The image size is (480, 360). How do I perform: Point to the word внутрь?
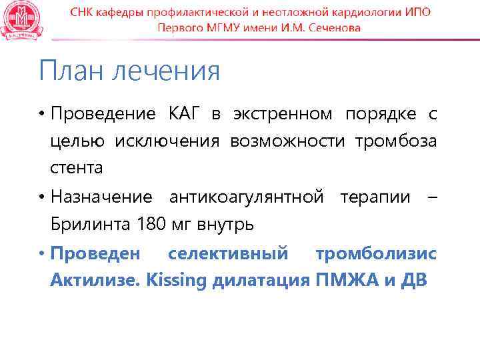(225, 225)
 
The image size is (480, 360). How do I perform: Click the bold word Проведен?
(96, 254)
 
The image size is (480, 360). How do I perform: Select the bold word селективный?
(229, 254)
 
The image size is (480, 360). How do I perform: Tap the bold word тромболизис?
(377, 254)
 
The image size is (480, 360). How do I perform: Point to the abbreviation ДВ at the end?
(413, 281)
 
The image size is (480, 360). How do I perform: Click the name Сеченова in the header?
(332, 28)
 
